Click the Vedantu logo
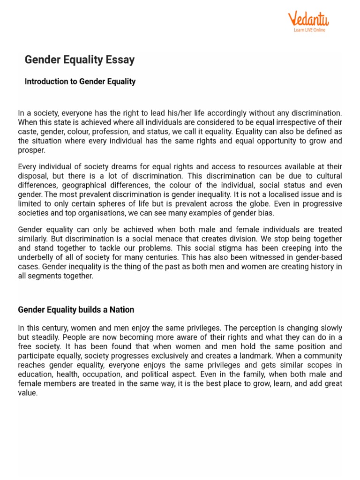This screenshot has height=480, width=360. pos(308,19)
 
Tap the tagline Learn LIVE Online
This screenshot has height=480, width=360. pos(309,30)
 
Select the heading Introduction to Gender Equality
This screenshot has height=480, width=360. pos(80,82)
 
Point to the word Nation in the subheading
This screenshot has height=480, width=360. pos(122,310)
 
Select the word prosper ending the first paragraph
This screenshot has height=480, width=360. pos(31,150)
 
